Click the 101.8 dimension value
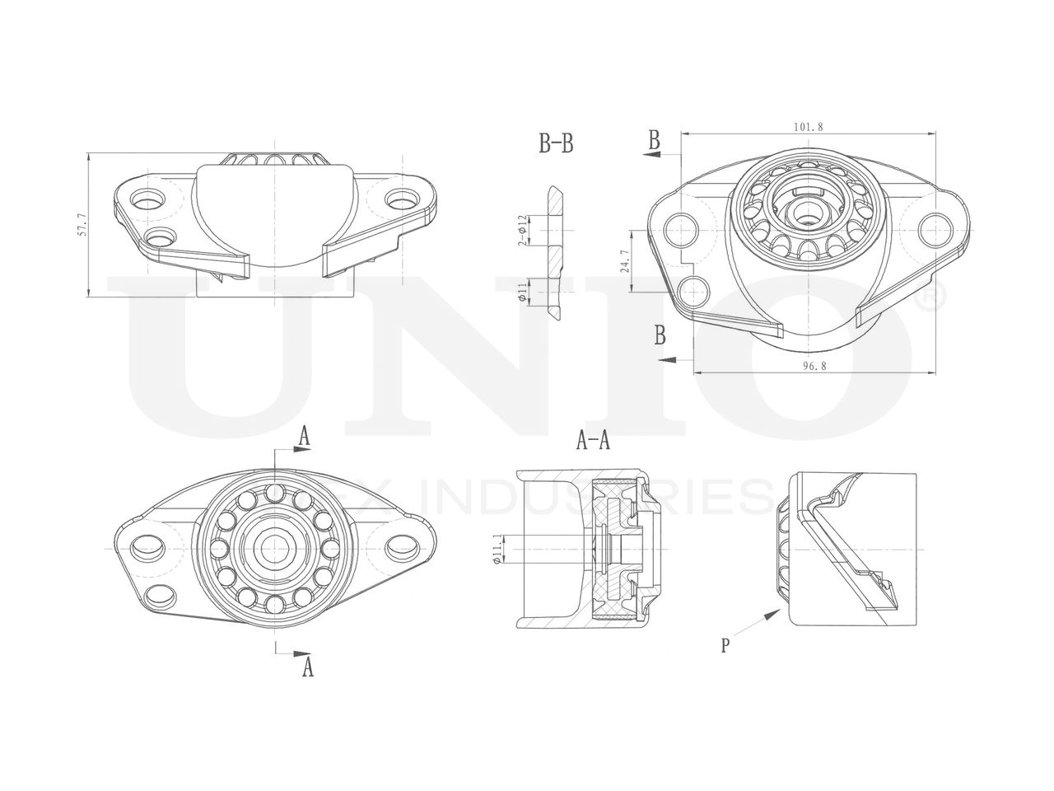point(809,127)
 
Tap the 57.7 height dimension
point(81,225)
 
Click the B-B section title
point(556,145)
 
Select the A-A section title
point(593,442)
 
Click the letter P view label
point(725,645)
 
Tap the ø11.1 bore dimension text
point(496,549)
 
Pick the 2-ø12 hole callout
point(521,231)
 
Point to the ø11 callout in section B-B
point(522,291)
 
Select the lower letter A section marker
point(307,667)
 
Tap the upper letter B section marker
point(654,140)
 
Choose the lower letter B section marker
point(660,335)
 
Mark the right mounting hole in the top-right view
point(935,227)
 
